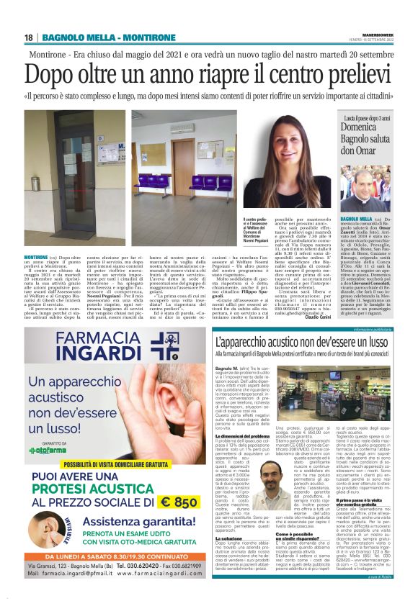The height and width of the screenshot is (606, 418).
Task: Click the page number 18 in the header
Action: point(29,37)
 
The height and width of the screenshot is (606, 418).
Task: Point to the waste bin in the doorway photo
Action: point(35,184)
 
